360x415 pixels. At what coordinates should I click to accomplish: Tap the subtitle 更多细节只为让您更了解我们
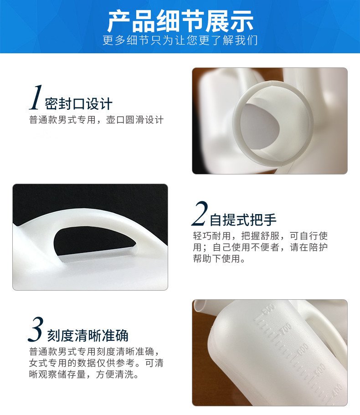point(180,41)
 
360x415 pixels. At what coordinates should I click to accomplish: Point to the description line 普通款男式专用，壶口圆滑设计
point(96,120)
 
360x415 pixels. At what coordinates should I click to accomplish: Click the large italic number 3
point(36,330)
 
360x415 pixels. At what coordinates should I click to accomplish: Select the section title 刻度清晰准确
point(87,336)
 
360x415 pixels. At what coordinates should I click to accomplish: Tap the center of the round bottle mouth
point(273,122)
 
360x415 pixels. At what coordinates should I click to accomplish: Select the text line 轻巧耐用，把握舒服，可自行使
point(260,236)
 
